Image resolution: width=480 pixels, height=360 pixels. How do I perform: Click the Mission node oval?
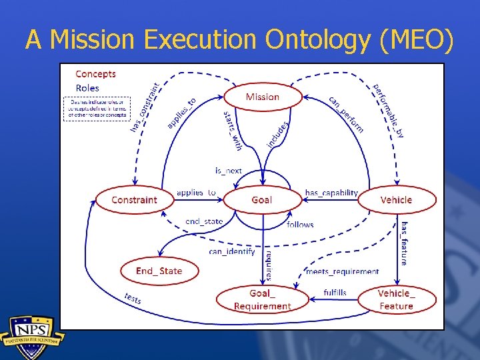click(263, 97)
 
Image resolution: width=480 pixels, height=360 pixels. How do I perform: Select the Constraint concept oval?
click(134, 199)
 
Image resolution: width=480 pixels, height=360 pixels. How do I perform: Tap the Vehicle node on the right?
click(397, 199)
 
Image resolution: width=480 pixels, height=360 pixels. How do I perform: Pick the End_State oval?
click(159, 271)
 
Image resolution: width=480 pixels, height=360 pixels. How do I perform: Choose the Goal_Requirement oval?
click(262, 299)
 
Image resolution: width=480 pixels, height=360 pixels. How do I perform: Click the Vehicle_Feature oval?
click(396, 299)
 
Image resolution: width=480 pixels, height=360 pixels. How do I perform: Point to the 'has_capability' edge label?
click(331, 193)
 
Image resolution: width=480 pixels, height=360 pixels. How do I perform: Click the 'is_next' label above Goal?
click(228, 171)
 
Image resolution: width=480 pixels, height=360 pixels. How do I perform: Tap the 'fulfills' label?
click(335, 293)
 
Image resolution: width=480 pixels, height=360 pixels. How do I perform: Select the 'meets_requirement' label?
click(342, 271)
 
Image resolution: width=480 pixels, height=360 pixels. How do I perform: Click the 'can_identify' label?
click(231, 251)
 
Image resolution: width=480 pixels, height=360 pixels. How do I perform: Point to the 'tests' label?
click(133, 299)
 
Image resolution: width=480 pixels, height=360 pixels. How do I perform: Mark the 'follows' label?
click(300, 225)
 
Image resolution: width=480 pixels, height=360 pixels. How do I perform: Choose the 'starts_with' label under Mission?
click(232, 130)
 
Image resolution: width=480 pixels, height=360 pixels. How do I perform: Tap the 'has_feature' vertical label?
click(404, 243)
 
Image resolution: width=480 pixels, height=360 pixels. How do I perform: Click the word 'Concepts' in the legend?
click(95, 74)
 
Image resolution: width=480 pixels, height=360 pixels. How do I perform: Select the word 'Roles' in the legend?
click(87, 88)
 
